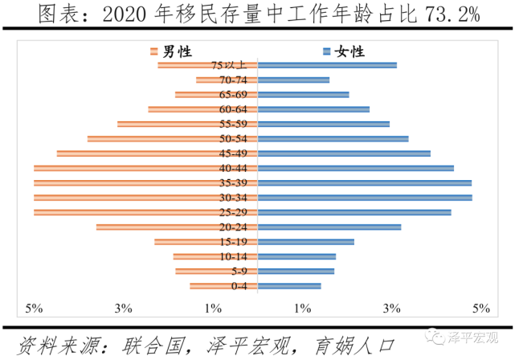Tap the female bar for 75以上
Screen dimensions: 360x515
pos(326,65)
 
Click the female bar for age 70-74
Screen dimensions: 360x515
pos(293,80)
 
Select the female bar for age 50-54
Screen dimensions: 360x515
pos(333,139)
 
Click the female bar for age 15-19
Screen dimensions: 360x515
pos(305,242)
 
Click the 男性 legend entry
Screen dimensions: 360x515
pos(171,51)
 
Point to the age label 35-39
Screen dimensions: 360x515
pos(239,183)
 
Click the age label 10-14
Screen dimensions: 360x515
pos(239,257)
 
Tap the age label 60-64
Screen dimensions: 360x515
pos(239,109)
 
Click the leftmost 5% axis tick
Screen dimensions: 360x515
pos(34,309)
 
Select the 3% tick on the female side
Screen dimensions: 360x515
pos(391,309)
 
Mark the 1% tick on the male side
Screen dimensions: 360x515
pos(213,309)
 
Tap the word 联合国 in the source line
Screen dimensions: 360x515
pos(153,344)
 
